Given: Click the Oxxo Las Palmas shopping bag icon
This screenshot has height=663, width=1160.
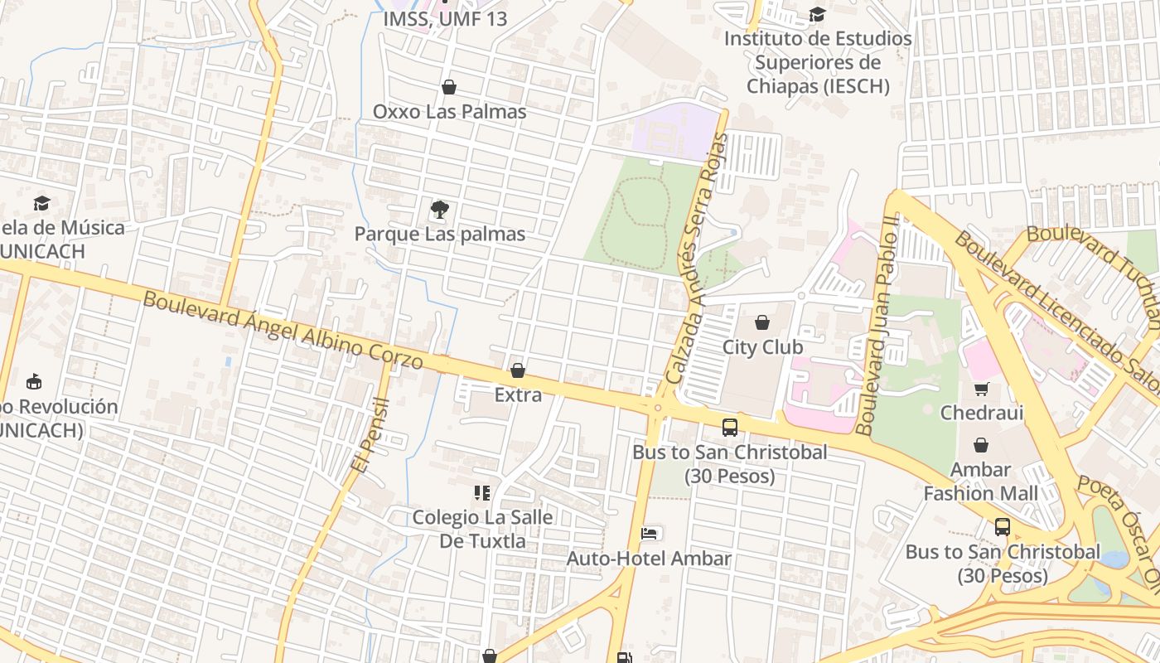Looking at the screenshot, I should coord(449,87).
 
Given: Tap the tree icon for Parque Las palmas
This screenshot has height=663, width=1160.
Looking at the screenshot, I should coord(440,210).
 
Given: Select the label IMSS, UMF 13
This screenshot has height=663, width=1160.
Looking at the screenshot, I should coord(445,18).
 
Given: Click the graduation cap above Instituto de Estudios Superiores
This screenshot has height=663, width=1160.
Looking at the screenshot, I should coord(817,15).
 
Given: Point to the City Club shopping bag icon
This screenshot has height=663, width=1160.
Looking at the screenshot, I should coord(762,322).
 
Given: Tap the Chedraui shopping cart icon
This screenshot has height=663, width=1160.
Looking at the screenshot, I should coord(981,389).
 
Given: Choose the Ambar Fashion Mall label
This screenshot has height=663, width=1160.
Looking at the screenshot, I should coord(980,482).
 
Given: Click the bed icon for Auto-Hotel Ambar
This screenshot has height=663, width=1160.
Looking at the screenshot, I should coord(650,534).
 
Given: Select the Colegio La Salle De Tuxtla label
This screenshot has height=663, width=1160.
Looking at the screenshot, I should coord(482,529).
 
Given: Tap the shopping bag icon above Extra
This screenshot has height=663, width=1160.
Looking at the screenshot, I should coord(518,370).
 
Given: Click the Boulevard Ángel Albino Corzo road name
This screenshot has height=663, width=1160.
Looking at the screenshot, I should coord(283,331).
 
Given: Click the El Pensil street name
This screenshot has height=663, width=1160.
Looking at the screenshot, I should coord(369,435).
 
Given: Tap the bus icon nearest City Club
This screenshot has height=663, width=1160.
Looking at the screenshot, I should coord(729,428).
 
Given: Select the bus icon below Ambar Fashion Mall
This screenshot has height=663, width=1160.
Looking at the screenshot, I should coord(1003,527).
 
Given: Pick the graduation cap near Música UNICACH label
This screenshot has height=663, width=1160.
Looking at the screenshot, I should coord(41,204).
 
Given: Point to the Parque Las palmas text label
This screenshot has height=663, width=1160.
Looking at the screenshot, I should coord(440,234).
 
